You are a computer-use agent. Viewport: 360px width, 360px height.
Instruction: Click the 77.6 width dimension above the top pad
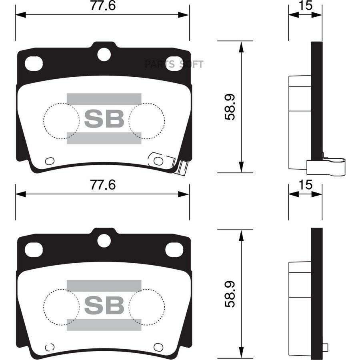coord(103,6)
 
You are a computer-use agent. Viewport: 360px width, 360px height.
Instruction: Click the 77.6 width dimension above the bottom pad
coord(103,185)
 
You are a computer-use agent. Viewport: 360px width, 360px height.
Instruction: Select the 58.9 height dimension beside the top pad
coord(230,107)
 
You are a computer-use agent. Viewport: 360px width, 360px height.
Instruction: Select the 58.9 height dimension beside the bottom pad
coord(230,294)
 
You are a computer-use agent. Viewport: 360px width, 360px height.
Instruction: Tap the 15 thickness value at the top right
coord(306,6)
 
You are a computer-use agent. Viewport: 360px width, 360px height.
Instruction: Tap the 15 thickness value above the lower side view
coord(306,185)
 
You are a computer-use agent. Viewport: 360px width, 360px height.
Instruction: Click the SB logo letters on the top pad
coord(104,118)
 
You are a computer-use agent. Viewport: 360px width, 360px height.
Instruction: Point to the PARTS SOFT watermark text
coord(174,64)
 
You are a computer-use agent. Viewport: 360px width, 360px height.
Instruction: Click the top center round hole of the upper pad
coord(104,54)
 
